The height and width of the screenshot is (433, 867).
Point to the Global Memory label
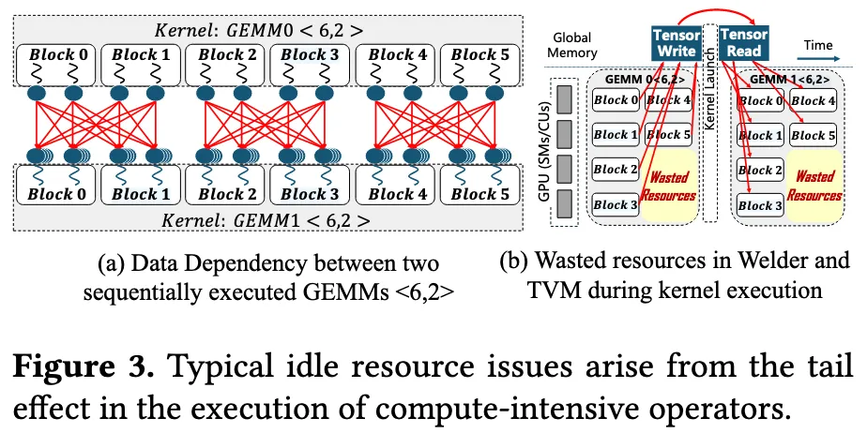tap(573, 45)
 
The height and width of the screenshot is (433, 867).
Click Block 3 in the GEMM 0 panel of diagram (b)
tap(616, 205)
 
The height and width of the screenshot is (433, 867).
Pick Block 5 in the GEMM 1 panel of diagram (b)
tap(813, 136)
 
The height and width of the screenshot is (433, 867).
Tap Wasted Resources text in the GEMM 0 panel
tap(669, 187)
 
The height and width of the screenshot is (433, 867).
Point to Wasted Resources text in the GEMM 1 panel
tap(814, 186)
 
